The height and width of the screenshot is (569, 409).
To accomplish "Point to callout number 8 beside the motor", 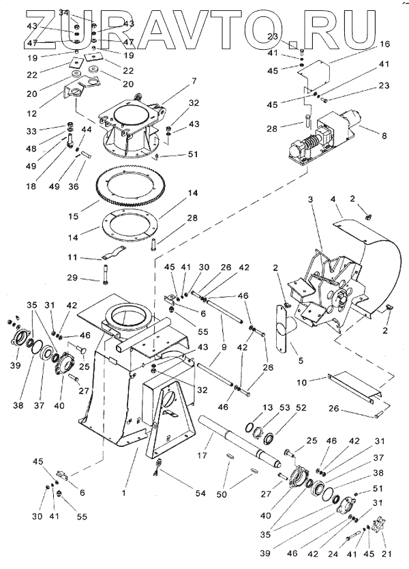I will point(384,136).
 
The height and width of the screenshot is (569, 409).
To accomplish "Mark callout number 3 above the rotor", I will point(309,199).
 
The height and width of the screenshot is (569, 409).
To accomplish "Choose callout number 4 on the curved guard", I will point(333,199).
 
